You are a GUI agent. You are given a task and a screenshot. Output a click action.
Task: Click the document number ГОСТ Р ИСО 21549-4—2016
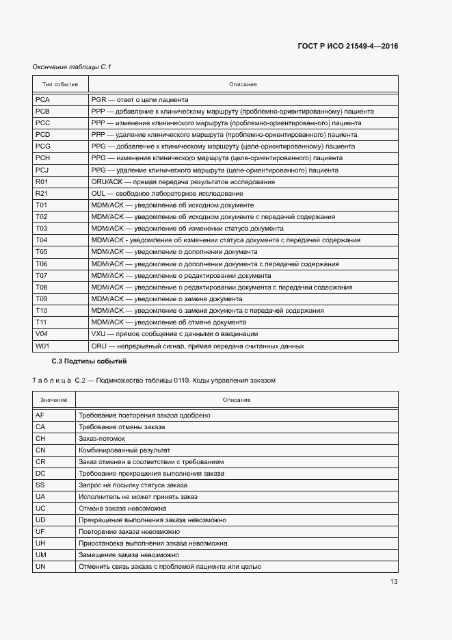click(x=348, y=47)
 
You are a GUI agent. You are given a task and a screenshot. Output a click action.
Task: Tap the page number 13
click(x=393, y=582)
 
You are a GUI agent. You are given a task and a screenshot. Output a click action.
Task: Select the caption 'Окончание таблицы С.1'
click(x=72, y=66)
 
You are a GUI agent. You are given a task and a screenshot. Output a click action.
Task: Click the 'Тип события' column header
click(x=60, y=84)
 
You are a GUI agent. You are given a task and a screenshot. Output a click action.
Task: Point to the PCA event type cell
click(x=42, y=99)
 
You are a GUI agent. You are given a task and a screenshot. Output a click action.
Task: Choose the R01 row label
click(x=41, y=181)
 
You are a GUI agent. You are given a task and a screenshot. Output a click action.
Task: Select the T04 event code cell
click(x=41, y=240)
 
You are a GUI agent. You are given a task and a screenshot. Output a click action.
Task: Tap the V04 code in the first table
click(x=41, y=334)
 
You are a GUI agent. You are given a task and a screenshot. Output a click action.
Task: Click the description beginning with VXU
click(x=174, y=334)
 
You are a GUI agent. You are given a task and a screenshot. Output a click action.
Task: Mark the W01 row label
click(x=42, y=346)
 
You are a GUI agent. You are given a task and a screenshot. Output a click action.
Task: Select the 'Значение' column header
click(x=53, y=399)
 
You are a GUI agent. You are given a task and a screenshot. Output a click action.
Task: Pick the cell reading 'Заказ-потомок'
click(x=102, y=438)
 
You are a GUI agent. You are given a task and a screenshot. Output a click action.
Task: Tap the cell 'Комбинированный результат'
click(x=124, y=450)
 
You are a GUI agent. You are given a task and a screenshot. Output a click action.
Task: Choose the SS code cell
click(x=40, y=485)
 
